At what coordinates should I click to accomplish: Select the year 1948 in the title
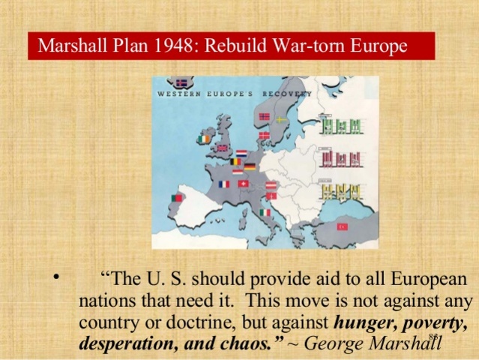click(166, 46)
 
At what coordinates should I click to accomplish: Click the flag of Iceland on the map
click(181, 83)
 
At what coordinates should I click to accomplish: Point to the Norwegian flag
click(263, 117)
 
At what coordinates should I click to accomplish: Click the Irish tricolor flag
click(205, 139)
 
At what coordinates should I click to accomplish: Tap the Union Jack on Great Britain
click(222, 148)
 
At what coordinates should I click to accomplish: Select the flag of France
click(223, 184)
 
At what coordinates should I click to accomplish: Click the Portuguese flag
click(177, 198)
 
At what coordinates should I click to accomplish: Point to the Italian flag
click(265, 212)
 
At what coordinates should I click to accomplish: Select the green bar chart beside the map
click(341, 125)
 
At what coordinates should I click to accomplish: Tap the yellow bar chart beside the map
click(341, 191)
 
